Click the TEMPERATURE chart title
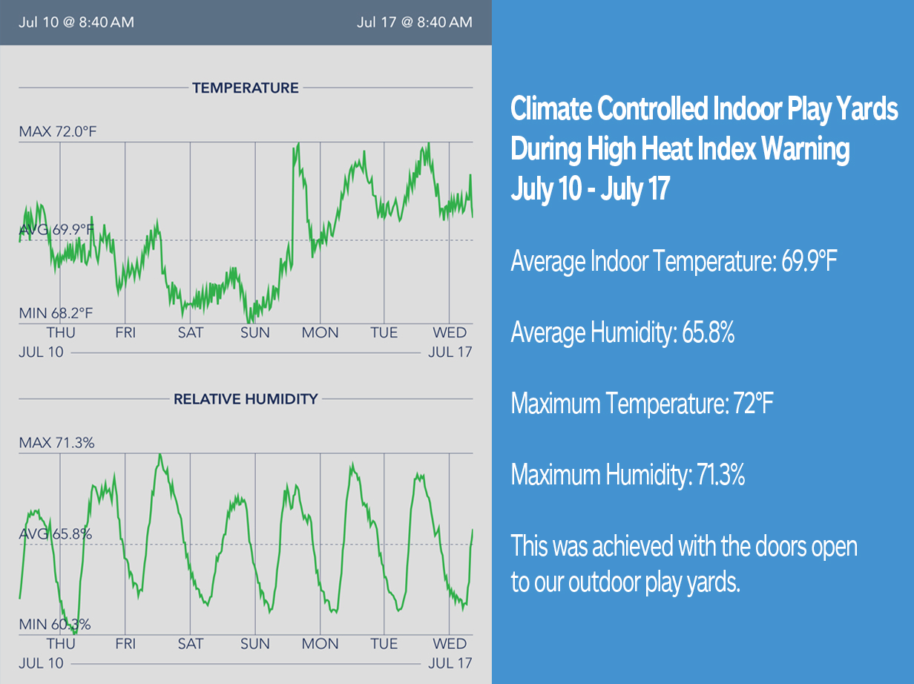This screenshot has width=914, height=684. [245, 88]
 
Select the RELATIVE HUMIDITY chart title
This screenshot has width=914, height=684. [245, 399]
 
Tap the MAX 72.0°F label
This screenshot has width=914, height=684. [58, 132]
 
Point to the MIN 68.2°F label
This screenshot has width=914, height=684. [57, 314]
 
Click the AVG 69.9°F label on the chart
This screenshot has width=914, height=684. [56, 230]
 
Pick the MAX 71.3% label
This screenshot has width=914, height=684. [56, 443]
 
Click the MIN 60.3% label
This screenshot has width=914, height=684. [55, 625]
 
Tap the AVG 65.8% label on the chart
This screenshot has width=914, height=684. [56, 533]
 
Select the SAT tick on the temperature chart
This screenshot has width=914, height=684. [190, 333]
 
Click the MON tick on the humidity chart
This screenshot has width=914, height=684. [320, 643]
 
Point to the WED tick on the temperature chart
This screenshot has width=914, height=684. [450, 333]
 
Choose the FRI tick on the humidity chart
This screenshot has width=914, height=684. [125, 643]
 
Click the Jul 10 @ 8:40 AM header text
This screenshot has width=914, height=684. [76, 22]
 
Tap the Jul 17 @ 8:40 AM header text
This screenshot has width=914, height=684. [414, 22]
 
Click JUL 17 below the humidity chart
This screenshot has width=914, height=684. [450, 663]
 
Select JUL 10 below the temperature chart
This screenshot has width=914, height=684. [41, 352]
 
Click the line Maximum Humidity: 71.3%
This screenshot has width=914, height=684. [628, 474]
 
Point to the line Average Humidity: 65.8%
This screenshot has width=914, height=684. [622, 333]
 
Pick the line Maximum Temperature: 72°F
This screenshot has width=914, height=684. [642, 404]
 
